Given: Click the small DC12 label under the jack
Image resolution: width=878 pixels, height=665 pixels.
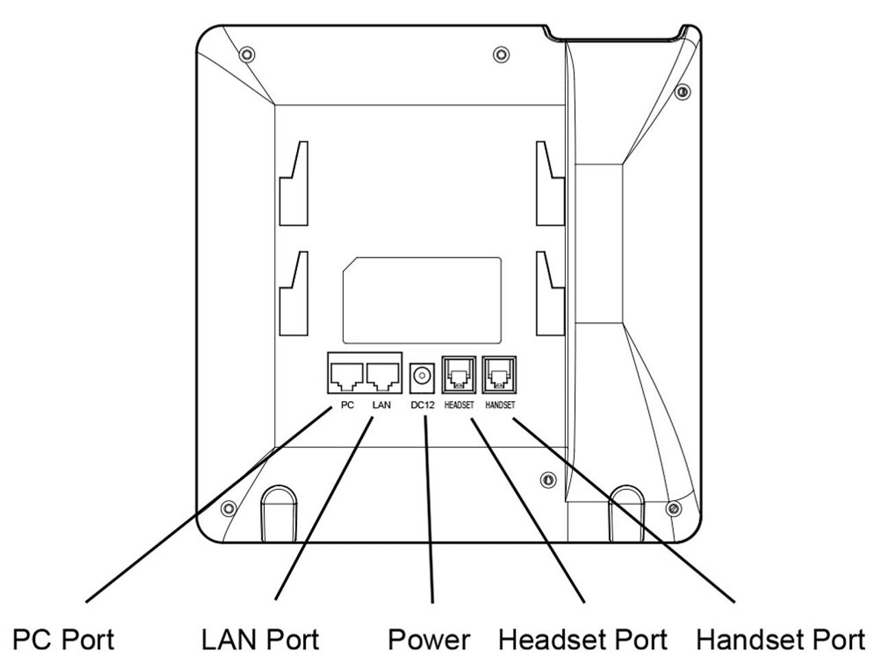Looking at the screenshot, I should coord(423,405).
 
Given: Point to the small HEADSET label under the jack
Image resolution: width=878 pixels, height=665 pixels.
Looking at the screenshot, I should coord(459,405).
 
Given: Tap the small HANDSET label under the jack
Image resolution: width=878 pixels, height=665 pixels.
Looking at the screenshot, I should coord(499,405).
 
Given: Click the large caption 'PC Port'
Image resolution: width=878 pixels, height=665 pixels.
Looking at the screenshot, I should coord(64,640).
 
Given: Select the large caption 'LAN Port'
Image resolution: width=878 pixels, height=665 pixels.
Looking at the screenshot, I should coord(260,640).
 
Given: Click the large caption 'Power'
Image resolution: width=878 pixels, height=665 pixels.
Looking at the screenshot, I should coord(429,640).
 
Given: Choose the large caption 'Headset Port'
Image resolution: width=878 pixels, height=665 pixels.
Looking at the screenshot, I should coord(582,640).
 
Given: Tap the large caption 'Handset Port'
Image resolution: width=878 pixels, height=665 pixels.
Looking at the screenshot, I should coord(781,640).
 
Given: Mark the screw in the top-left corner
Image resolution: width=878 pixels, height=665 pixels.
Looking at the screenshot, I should coord(246,54).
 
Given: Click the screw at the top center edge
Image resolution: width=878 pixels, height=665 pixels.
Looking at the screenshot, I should coord(501,54).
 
